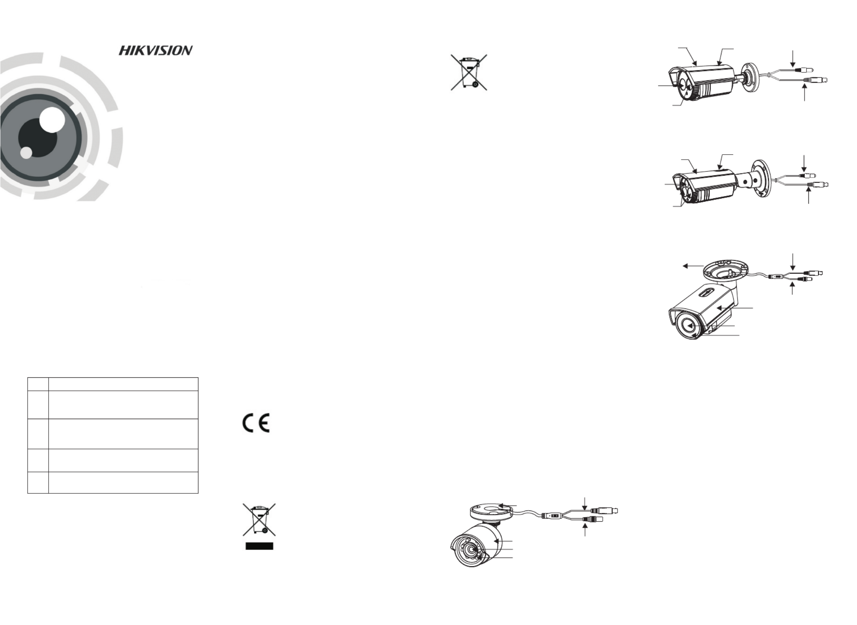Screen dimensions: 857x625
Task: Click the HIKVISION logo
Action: click(x=155, y=51)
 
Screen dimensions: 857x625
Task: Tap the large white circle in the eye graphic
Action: click(x=52, y=120)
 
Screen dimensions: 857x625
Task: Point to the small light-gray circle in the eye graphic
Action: click(x=26, y=153)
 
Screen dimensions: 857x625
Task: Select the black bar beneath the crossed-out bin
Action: click(x=259, y=546)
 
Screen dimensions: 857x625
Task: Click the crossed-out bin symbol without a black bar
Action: click(x=469, y=72)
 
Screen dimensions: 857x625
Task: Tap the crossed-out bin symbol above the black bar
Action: click(x=259, y=519)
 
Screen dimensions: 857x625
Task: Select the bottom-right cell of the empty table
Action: click(x=123, y=482)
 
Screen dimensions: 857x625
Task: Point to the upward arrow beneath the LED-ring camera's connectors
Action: click(x=585, y=530)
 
